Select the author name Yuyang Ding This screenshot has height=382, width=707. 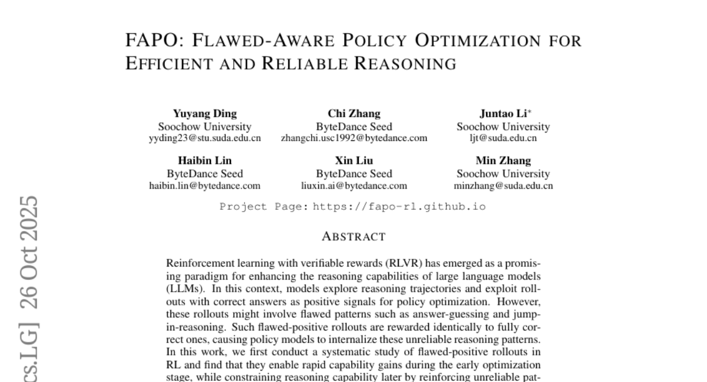coord(204,114)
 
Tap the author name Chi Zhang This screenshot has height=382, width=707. coord(353,114)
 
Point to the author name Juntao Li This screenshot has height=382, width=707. coord(501,114)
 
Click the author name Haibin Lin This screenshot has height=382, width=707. coord(204,160)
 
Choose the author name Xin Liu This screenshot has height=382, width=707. coord(353,160)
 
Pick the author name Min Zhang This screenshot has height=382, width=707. coord(503,160)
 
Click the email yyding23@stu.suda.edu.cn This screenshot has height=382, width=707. coord(204,139)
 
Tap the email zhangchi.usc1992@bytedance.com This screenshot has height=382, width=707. coord(354,139)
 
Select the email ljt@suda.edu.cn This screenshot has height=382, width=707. coord(503,139)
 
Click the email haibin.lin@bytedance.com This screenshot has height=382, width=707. coord(204,186)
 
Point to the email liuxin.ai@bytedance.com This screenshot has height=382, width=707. coord(353,186)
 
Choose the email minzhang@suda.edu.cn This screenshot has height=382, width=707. coord(503,186)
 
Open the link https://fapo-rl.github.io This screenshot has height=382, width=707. coord(399,207)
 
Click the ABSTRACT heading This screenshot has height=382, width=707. coord(353,237)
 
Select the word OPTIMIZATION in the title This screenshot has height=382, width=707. coord(477,41)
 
